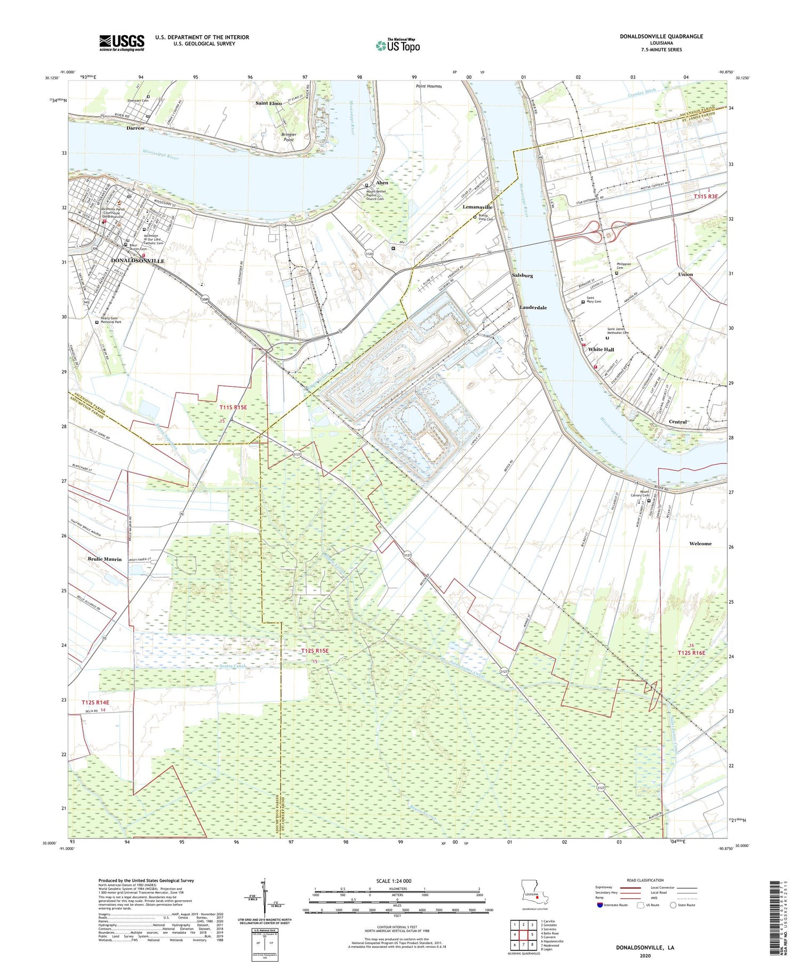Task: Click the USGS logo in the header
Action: pyautogui.click(x=122, y=43)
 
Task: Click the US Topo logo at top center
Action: pyautogui.click(x=397, y=46)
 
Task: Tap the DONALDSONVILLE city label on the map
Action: pyautogui.click(x=138, y=261)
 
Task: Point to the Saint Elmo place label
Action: pyautogui.click(x=268, y=103)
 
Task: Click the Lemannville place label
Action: pyautogui.click(x=477, y=207)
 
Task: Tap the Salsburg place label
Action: pyautogui.click(x=522, y=275)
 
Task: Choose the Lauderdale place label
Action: pyautogui.click(x=533, y=307)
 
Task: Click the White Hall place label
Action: pyautogui.click(x=601, y=349)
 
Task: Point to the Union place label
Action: pyautogui.click(x=685, y=274)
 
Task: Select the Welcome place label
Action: pyautogui.click(x=700, y=544)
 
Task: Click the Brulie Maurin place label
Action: pyautogui.click(x=105, y=559)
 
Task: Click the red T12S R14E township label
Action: pyautogui.click(x=99, y=702)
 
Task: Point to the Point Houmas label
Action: pyautogui.click(x=429, y=86)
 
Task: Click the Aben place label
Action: pyautogui.click(x=382, y=182)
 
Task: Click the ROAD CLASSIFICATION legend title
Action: pyautogui.click(x=645, y=880)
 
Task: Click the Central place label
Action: pyautogui.click(x=677, y=421)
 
